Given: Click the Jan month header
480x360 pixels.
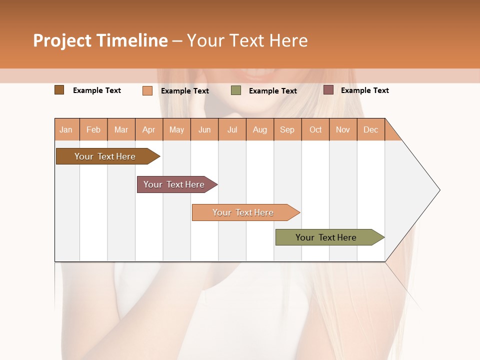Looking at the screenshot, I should click(x=66, y=129).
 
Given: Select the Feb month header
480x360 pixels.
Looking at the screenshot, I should click(x=93, y=129).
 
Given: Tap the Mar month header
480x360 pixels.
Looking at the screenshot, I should click(x=121, y=129).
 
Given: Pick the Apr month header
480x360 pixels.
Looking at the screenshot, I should click(x=149, y=129).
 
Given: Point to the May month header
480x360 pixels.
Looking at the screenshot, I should click(x=176, y=129).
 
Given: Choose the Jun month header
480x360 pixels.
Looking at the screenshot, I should click(x=204, y=129).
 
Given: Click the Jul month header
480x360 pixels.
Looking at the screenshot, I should click(x=232, y=129).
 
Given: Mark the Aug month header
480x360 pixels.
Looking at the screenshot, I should click(x=260, y=129).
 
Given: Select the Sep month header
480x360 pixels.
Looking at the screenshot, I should click(x=287, y=129).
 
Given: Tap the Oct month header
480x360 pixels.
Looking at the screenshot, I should click(x=315, y=129).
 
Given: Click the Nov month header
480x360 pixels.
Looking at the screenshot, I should click(x=343, y=129).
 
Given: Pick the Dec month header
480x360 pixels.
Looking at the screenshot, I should click(x=371, y=129).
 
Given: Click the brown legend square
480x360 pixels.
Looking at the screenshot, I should click(x=59, y=90).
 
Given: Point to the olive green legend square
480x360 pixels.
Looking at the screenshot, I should click(x=236, y=90).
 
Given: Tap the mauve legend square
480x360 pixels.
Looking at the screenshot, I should click(x=328, y=90).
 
